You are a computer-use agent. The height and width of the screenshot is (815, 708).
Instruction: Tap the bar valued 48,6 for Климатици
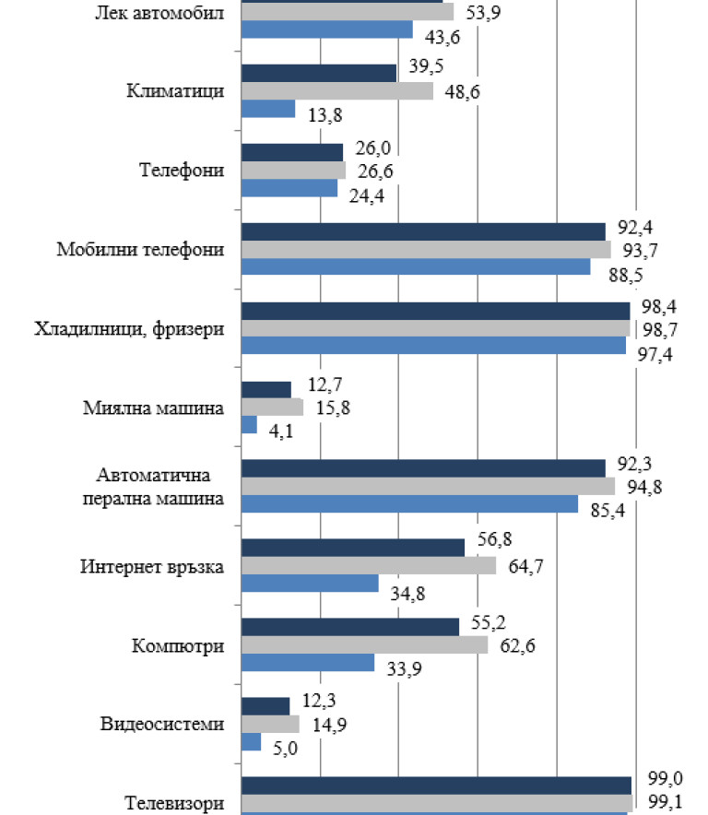(x=336, y=91)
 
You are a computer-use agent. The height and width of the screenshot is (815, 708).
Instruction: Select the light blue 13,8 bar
(x=267, y=109)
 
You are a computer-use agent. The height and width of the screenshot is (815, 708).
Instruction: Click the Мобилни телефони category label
(x=140, y=250)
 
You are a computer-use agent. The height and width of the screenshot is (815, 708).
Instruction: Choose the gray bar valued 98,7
(x=434, y=328)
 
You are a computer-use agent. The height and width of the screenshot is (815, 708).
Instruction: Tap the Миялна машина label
(x=168, y=407)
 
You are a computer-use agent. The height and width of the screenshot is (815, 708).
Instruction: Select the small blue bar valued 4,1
(x=248, y=425)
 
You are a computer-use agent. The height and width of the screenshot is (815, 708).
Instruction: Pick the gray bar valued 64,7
(x=368, y=565)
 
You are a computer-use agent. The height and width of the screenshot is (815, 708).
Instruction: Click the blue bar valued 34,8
(x=309, y=584)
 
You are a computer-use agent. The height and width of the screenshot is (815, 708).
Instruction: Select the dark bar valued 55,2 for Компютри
(x=349, y=627)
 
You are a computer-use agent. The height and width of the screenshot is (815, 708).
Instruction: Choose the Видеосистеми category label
(x=162, y=724)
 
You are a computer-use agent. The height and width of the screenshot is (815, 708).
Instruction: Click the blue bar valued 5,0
(x=250, y=741)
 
